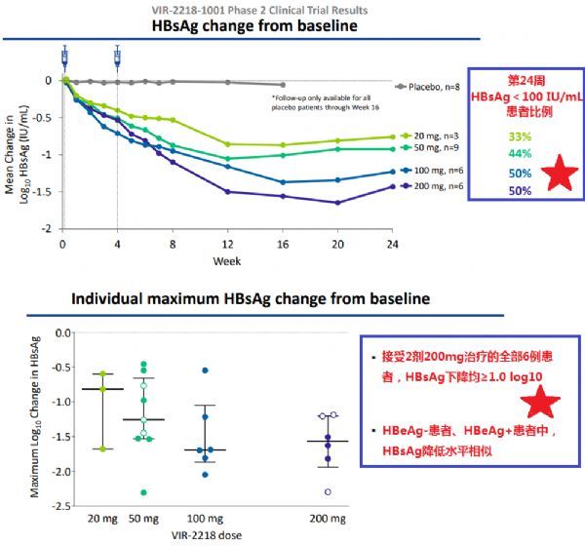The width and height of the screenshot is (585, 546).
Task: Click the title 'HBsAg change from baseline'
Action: click(x=254, y=26)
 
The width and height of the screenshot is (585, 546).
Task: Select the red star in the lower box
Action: click(x=538, y=402)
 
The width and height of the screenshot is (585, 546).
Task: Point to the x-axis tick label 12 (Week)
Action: click(x=228, y=244)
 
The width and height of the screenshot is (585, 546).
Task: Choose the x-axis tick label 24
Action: click(x=392, y=244)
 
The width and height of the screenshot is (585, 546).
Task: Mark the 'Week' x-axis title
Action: click(x=228, y=261)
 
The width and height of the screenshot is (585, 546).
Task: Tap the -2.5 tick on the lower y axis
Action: click(x=61, y=506)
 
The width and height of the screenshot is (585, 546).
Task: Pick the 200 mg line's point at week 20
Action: click(x=337, y=203)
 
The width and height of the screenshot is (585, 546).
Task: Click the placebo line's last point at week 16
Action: click(x=283, y=85)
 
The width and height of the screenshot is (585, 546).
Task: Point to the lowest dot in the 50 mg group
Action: click(x=144, y=492)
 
